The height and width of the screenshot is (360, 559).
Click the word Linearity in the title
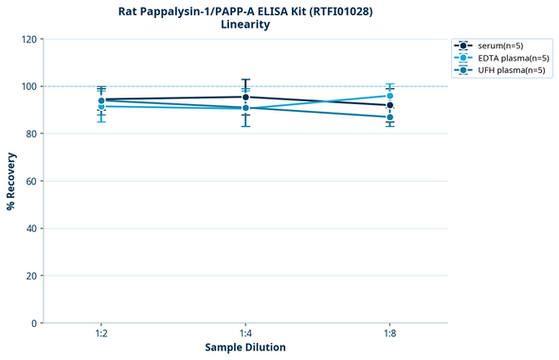click(245, 25)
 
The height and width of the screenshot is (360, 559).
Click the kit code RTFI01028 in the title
click(344, 10)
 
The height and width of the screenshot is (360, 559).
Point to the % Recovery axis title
click(11, 180)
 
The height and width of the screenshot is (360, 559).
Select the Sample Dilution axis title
click(245, 348)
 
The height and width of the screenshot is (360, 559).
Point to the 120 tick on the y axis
click(28, 39)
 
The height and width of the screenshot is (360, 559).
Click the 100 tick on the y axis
click(28, 86)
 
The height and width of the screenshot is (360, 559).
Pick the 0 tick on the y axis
click(34, 323)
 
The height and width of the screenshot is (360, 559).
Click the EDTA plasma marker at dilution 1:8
click(390, 96)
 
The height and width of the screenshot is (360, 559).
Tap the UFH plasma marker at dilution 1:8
click(390, 117)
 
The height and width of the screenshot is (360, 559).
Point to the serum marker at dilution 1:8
click(390, 106)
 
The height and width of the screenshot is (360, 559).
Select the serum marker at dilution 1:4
click(245, 97)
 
